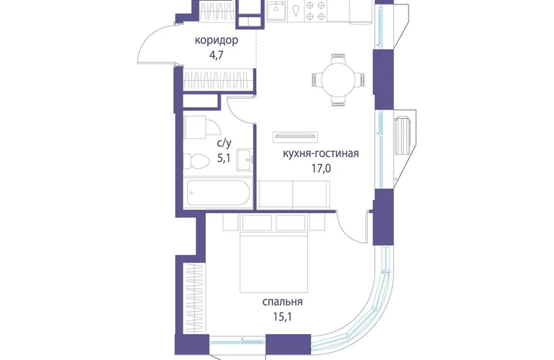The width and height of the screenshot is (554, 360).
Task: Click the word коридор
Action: tap(217, 40)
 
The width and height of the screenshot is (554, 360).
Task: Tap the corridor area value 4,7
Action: tap(217, 55)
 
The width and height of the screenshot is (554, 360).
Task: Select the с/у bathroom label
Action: tap(224, 143)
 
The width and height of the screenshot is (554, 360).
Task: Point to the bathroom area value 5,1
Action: tap(224, 158)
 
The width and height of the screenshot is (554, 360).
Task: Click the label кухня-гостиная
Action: tap(321, 153)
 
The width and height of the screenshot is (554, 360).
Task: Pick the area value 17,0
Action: tap(321, 168)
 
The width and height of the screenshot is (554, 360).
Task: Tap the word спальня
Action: tap(282, 302)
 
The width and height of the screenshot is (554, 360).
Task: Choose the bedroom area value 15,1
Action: tap(282, 317)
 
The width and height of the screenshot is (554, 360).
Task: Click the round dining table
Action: tap(338, 80)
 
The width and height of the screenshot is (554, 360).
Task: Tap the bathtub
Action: tap(218, 193)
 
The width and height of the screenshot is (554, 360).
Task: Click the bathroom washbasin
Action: tap(245, 160)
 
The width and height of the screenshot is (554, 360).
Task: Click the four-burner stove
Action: tap(315, 10)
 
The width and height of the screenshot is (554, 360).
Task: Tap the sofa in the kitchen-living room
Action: tap(294, 194)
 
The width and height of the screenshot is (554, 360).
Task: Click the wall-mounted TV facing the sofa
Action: tap(295, 137)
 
